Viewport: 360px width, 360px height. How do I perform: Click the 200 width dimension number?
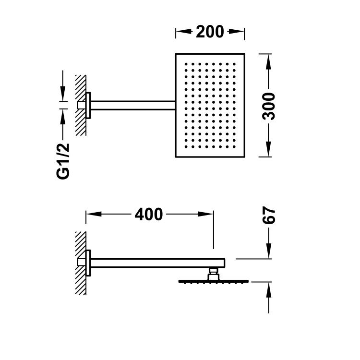pos(210,32)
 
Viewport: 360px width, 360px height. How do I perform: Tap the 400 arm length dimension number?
pos(148,215)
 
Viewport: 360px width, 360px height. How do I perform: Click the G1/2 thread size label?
pos(63,161)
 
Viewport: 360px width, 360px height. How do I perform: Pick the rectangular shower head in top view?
pos(210,105)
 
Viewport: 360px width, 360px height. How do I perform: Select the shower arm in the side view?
pos(154,263)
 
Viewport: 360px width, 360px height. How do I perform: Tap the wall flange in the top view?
pos(88,105)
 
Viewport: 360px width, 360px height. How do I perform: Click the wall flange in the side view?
pos(88,263)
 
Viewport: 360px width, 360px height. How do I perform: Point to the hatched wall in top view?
pos(80,105)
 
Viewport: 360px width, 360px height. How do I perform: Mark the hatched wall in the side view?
pos(80,263)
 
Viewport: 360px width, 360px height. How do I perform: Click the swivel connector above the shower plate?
pos(213,275)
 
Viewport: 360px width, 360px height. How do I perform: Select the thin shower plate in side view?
pos(214,281)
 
